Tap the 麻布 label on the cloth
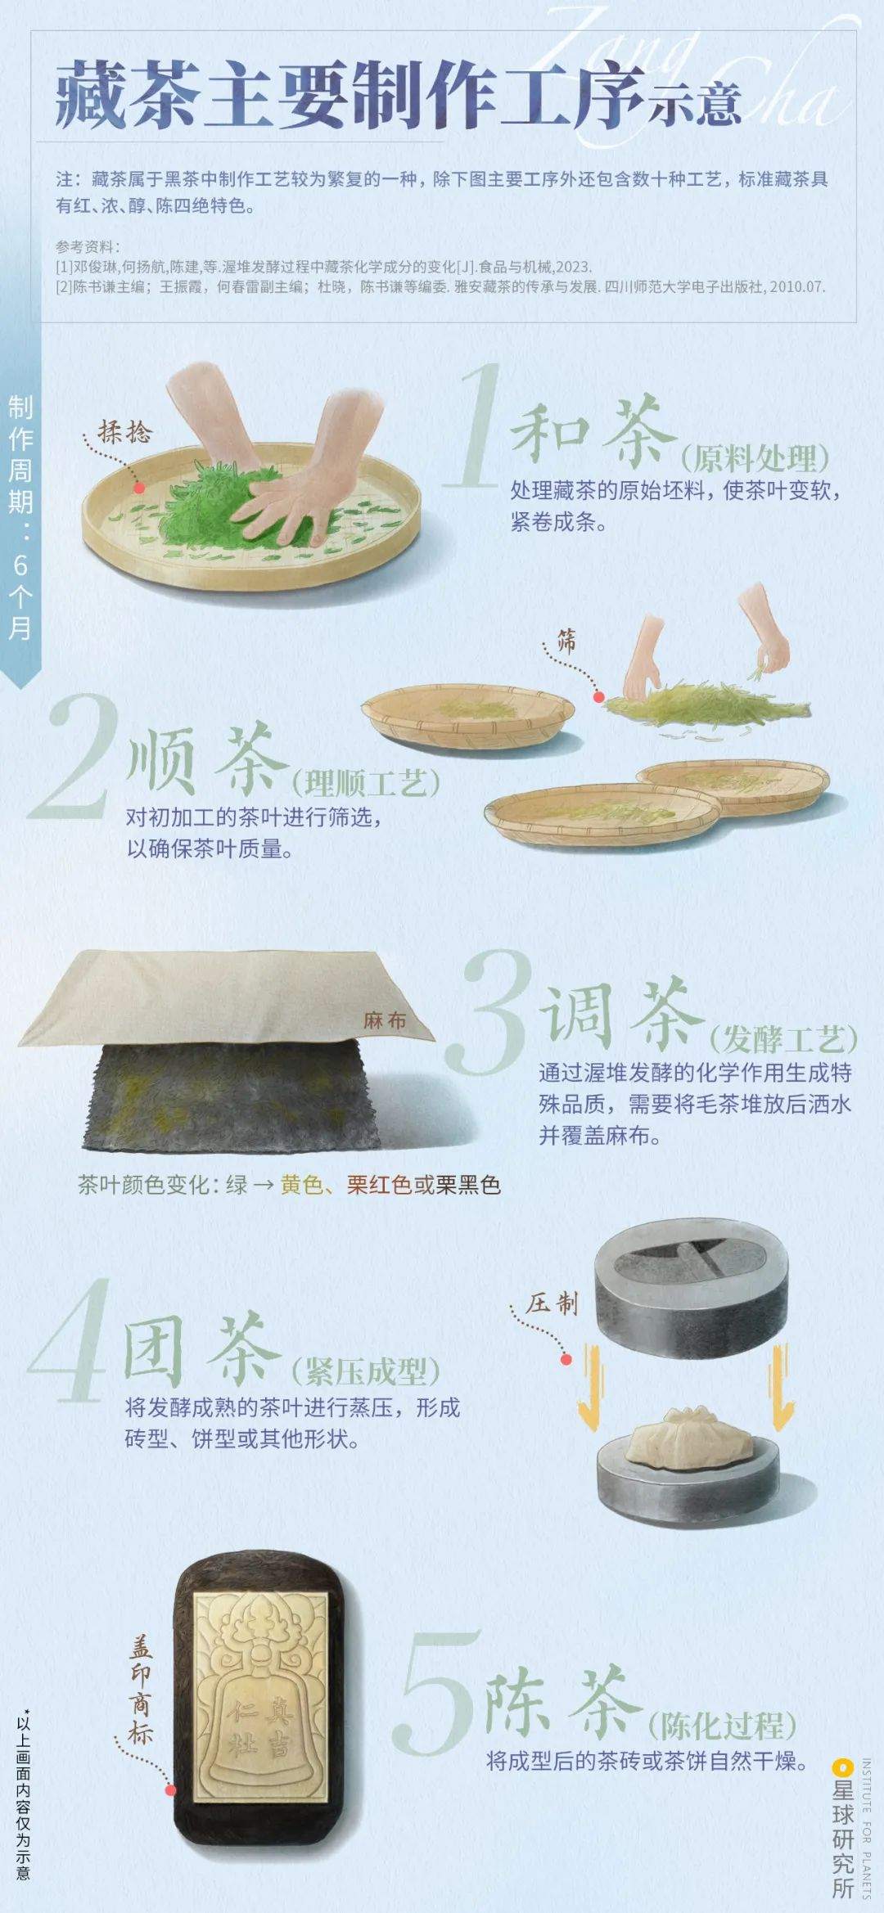pyautogui.click(x=385, y=1020)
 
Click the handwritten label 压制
pyautogui.click(x=552, y=1303)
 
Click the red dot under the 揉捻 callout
pyautogui.click(x=139, y=488)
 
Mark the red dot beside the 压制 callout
pyautogui.click(x=566, y=1360)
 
